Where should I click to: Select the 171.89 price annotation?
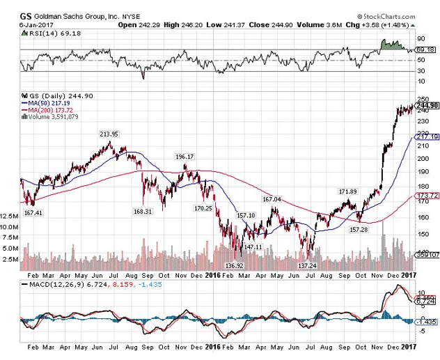coord(347,191)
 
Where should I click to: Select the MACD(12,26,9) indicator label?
coord(48,285)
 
